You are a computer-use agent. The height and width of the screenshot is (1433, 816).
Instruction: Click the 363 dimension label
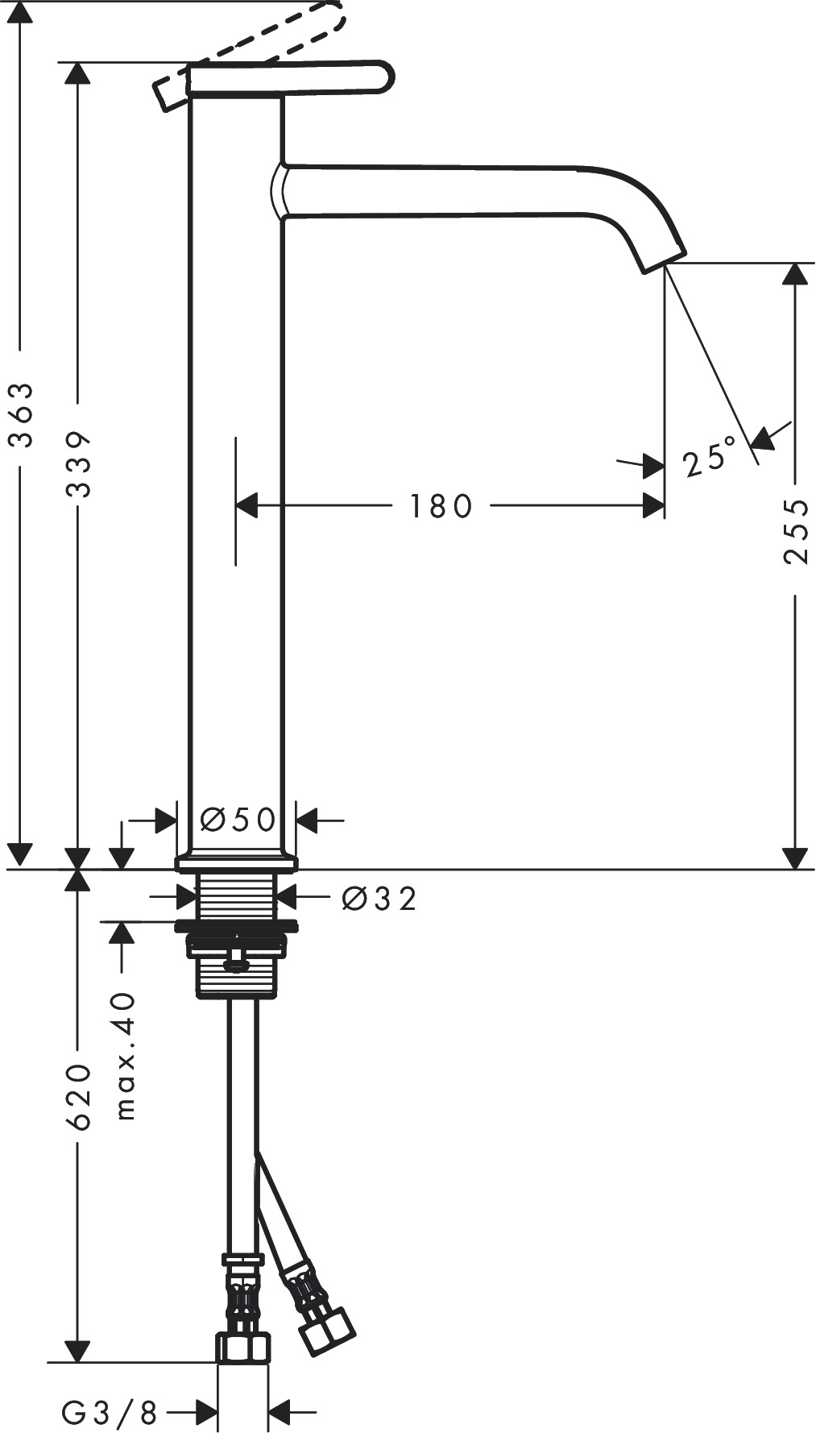click(x=20, y=414)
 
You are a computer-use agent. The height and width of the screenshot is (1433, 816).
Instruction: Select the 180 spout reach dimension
click(x=440, y=507)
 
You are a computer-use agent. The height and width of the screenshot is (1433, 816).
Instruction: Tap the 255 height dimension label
click(x=795, y=531)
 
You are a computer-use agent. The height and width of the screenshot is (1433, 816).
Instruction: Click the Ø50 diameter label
click(x=237, y=820)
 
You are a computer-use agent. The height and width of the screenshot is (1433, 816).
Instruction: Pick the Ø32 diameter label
click(x=379, y=898)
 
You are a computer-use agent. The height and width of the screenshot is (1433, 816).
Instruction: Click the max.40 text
click(x=124, y=1056)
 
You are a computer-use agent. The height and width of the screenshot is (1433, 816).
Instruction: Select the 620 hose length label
click(x=78, y=1096)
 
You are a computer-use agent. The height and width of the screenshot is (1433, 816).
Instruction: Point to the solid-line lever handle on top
click(x=290, y=79)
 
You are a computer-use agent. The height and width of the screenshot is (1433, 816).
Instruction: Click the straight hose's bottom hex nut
click(x=243, y=1348)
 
